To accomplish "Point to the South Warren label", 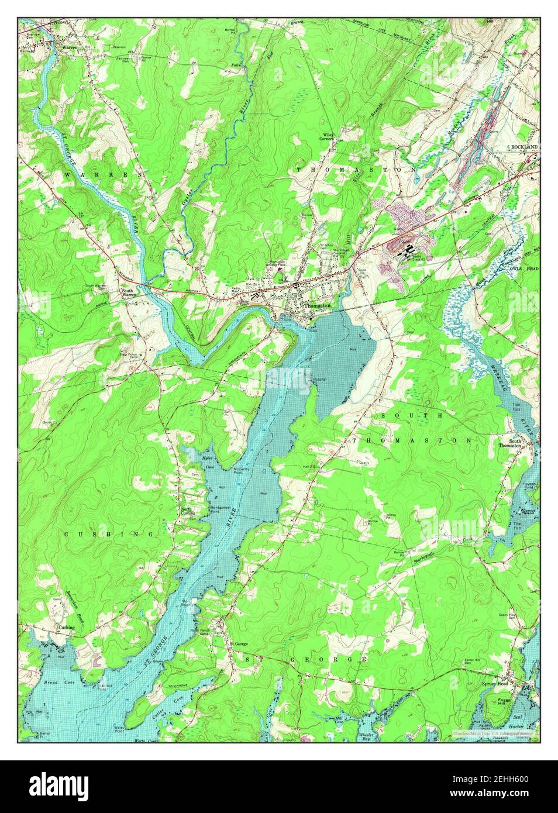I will click(129, 293).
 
